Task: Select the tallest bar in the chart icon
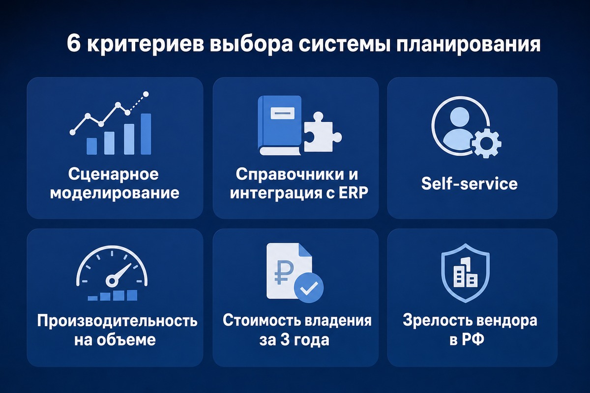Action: tap(146, 134)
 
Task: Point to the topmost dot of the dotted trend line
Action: tap(146, 94)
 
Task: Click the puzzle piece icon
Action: tap(323, 132)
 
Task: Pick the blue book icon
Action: tap(279, 125)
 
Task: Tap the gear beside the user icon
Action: tap(486, 143)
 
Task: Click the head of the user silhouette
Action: tap(460, 116)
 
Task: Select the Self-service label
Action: tap(470, 183)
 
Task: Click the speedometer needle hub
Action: tap(112, 281)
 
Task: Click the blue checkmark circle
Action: tap(309, 288)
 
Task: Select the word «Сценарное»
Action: tap(114, 174)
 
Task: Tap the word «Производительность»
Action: tap(117, 321)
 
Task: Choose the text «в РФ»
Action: tap(467, 339)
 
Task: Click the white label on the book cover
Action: tap(282, 113)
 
